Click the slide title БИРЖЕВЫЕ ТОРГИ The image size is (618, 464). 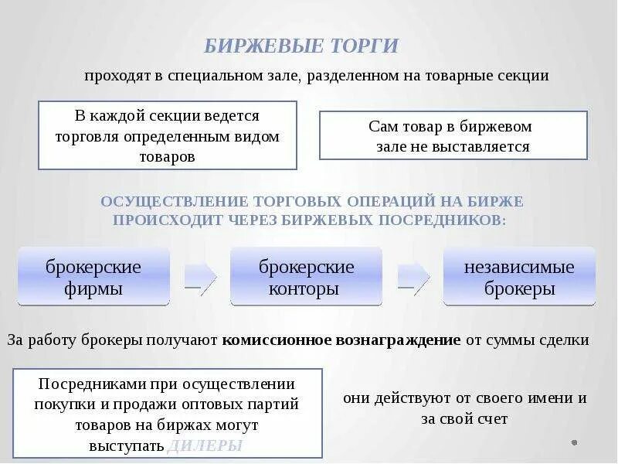[x=301, y=46]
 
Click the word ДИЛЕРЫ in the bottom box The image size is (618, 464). [x=205, y=445]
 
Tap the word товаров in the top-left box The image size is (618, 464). [x=168, y=156]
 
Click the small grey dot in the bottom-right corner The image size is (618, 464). [x=574, y=442]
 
